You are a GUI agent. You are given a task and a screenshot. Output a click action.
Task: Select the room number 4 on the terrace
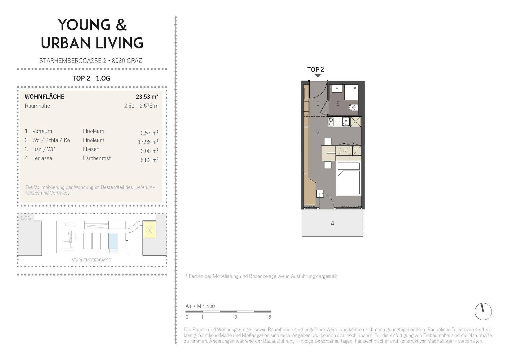click(332, 223)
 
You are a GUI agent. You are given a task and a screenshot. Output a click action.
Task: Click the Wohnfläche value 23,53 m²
click(147, 96)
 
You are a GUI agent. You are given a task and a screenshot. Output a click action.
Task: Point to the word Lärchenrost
click(97, 158)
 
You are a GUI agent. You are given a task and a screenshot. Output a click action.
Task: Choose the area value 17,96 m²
click(148, 142)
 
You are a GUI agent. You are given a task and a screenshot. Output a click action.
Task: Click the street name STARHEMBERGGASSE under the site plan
click(91, 260)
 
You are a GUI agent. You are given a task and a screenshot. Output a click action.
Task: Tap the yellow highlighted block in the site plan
click(150, 230)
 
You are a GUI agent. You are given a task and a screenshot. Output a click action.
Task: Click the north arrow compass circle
click(483, 311)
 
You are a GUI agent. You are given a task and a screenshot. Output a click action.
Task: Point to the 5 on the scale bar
click(270, 317)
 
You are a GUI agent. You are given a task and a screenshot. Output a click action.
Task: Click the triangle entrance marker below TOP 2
click(318, 76)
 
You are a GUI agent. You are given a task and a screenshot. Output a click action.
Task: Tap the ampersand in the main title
click(121, 25)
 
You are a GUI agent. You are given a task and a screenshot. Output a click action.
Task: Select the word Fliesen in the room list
click(91, 149)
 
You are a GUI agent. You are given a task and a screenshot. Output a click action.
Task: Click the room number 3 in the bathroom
click(338, 104)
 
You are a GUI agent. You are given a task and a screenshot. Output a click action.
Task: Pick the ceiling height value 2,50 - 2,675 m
click(141, 106)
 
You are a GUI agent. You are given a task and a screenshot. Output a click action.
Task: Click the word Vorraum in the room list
click(42, 131)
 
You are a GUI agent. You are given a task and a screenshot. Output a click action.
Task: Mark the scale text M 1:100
click(206, 306)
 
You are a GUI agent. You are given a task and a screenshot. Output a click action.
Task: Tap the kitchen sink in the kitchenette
click(346, 121)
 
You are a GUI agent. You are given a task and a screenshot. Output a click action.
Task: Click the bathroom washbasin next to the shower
click(337, 89)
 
